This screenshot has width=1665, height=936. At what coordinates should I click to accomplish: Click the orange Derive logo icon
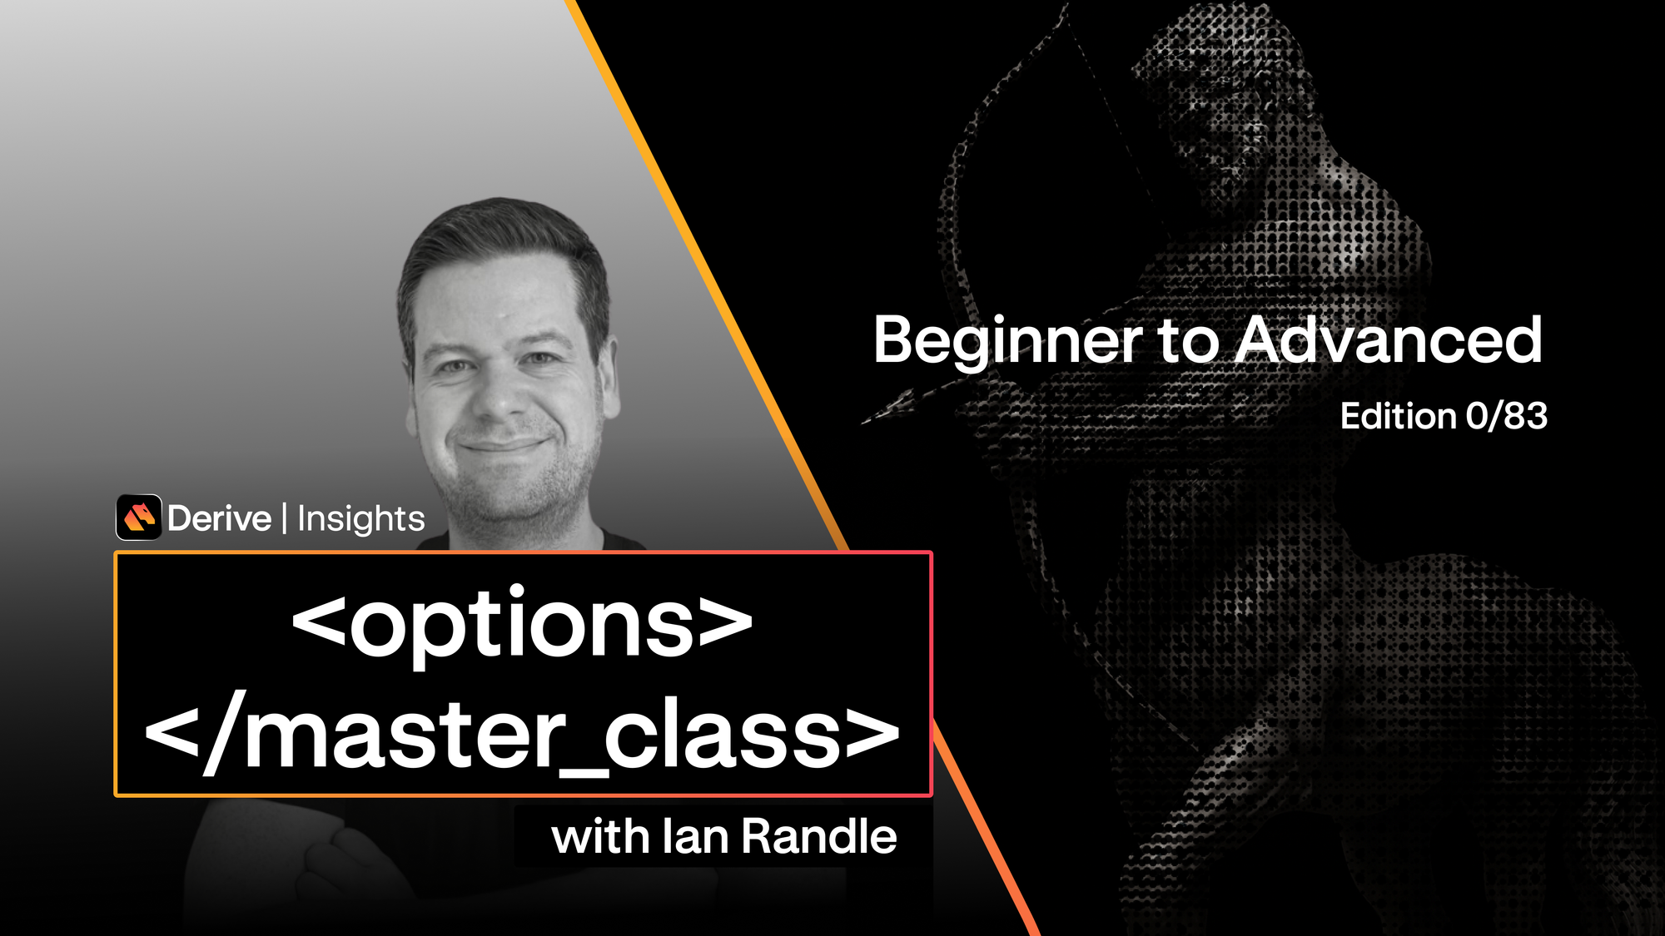tap(139, 518)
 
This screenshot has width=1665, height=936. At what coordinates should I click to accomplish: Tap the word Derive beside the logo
tap(219, 518)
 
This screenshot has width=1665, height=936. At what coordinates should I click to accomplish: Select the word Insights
tap(360, 518)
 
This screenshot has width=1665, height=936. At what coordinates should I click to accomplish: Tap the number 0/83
tap(1506, 416)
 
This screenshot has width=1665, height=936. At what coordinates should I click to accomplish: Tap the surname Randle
tap(818, 836)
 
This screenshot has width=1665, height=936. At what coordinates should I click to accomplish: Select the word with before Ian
tap(599, 836)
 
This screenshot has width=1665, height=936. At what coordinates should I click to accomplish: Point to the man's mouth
tap(503, 446)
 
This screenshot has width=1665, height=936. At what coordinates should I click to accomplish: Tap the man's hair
tap(499, 233)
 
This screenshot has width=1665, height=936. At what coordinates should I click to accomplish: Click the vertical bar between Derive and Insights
tap(284, 518)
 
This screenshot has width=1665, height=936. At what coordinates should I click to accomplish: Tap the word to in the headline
tap(1188, 340)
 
